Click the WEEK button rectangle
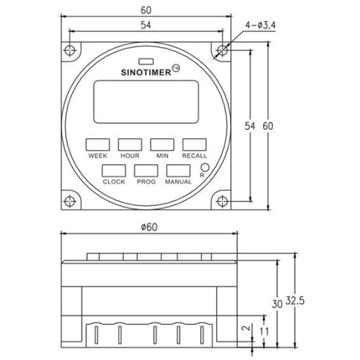97,145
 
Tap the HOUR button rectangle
130,145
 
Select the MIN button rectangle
162,145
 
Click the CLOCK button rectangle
114,171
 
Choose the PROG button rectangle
146,171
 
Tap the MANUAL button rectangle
178,171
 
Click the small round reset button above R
205,167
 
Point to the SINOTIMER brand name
146,73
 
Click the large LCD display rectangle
146,102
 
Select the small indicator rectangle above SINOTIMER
146,61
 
